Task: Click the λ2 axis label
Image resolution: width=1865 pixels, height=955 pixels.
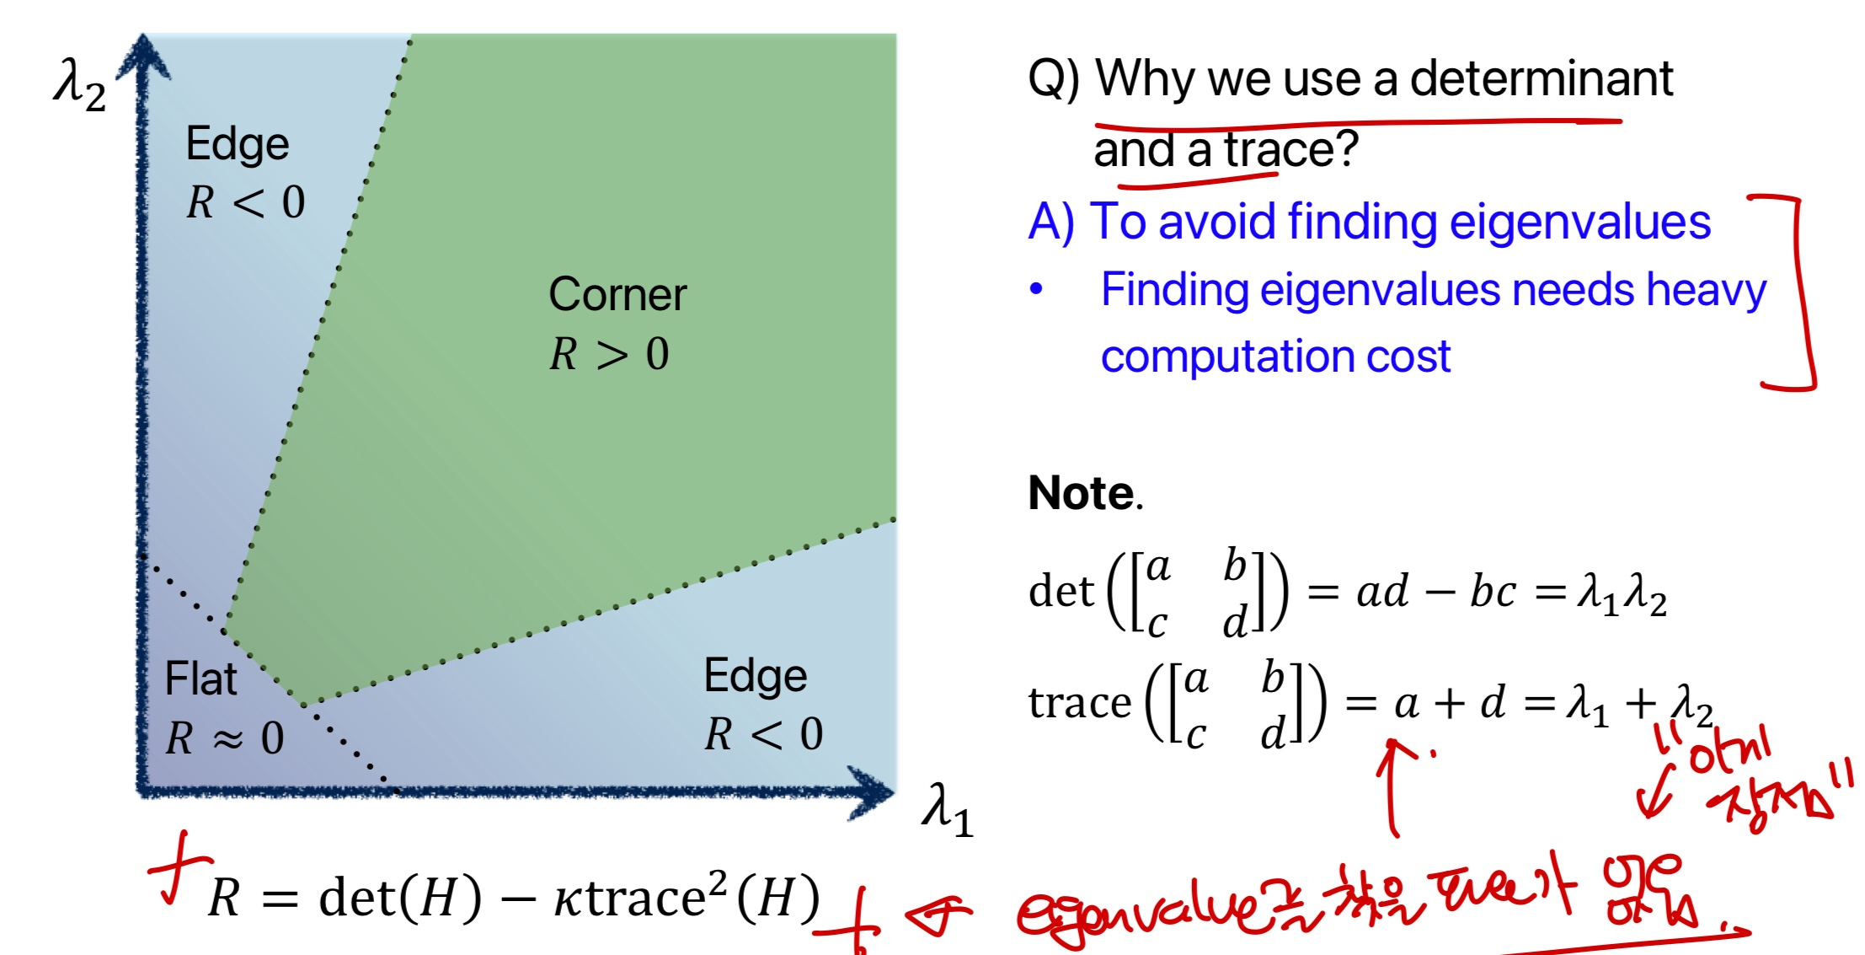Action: point(79,87)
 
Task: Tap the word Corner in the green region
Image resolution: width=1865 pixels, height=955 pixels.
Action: point(617,295)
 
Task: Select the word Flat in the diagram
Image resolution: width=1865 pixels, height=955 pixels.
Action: point(200,679)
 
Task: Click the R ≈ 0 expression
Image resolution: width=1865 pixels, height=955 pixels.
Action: point(225,738)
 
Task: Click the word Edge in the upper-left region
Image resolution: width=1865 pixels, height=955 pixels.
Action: point(238,144)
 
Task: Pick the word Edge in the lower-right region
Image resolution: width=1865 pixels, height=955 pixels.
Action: point(756,676)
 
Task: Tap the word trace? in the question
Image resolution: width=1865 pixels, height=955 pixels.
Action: point(1291,150)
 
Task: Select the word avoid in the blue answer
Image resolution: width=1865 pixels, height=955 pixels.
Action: point(1218,223)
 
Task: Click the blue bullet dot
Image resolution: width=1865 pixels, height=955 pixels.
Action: point(1036,290)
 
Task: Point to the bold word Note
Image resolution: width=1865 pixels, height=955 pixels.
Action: point(1082,493)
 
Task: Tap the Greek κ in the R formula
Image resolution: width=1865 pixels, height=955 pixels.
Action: point(568,899)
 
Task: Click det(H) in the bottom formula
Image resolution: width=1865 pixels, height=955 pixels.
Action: point(400,898)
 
